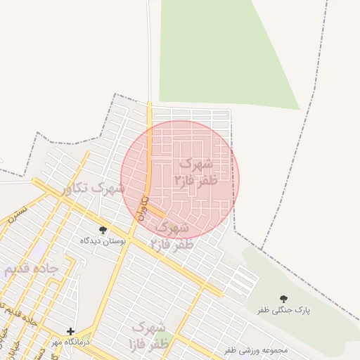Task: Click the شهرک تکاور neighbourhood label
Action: point(91,188)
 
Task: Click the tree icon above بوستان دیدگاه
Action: point(103,230)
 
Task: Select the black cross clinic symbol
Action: point(70,331)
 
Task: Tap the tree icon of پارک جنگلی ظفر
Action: point(284,300)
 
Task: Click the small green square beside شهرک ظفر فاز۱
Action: point(167,338)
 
